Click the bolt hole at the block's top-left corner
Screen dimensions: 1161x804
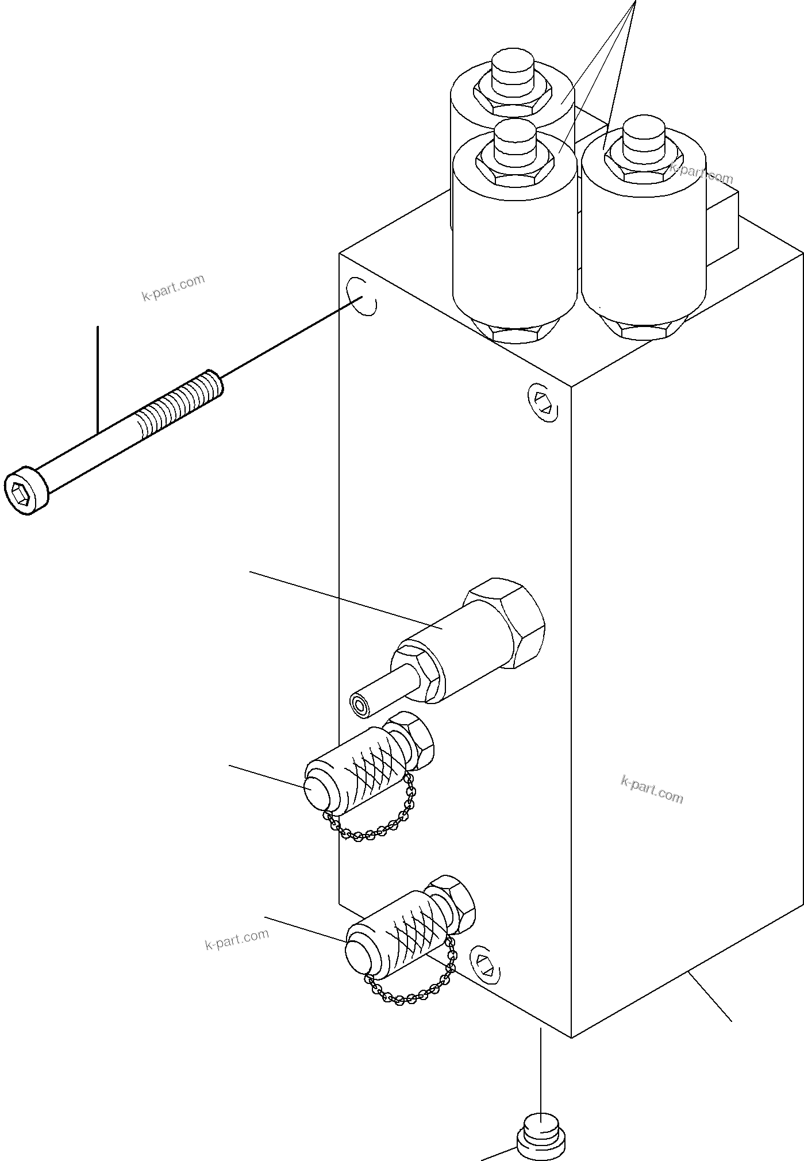pos(363,297)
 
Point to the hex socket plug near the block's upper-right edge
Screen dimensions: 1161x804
pos(543,402)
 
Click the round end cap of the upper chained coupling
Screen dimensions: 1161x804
pos(316,789)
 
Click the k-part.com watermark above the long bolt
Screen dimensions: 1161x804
pos(173,288)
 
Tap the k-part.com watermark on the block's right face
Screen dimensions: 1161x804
pos(652,789)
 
